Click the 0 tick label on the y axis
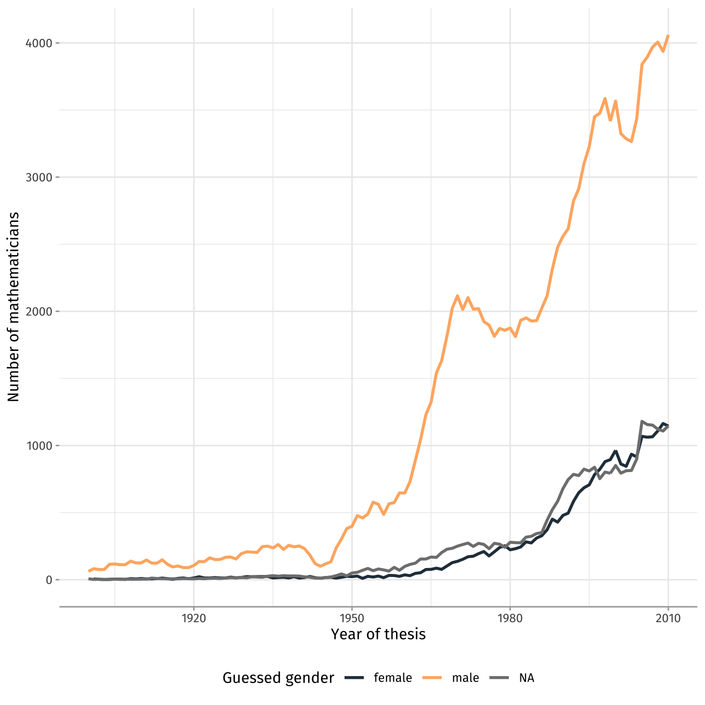(49, 580)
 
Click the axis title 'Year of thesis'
(378, 635)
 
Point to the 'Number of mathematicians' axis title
(14, 307)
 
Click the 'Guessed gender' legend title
(278, 678)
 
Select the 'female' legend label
(393, 678)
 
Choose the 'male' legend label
(465, 678)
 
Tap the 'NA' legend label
(527, 678)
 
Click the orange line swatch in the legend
(432, 678)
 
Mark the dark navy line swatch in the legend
(354, 678)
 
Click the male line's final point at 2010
(668, 36)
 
